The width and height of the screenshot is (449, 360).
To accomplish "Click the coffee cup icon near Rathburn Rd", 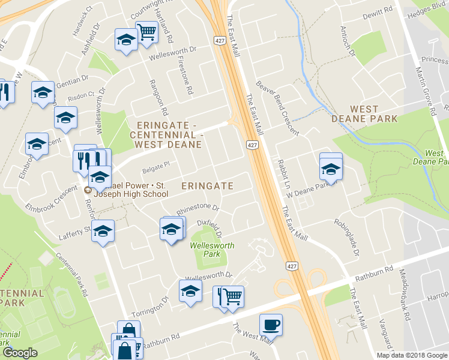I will pos(271,324).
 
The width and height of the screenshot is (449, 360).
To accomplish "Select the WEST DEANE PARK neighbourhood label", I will pos(364,114).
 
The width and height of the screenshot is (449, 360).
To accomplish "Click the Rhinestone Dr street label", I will pos(198,211).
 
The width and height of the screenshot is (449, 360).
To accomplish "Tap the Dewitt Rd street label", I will pos(378,10).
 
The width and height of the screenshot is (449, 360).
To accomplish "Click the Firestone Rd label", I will pos(190,80).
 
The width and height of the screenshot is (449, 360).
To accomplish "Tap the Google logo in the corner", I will pos(20,353).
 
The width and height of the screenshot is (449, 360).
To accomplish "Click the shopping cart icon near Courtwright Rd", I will pos(146,32).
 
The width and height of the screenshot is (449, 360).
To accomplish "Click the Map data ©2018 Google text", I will pos(411,355).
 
